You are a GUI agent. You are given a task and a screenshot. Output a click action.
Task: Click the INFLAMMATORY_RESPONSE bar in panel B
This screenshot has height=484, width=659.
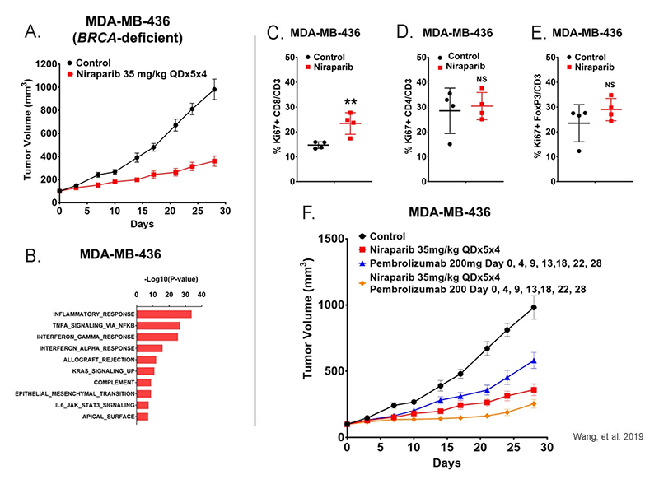pos(164,314)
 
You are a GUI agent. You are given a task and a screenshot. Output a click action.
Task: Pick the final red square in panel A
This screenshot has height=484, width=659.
pos(213,161)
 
